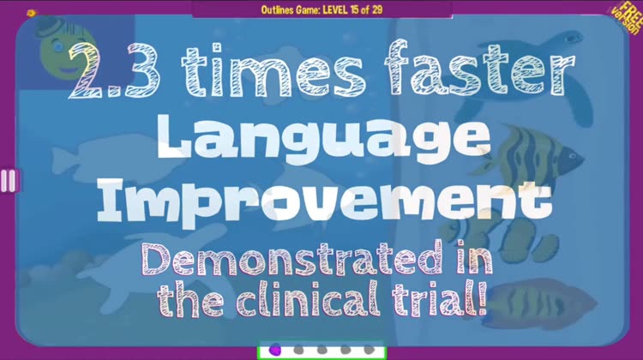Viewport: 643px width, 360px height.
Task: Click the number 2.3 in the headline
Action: [113, 70]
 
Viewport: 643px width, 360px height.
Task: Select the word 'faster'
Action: [480, 68]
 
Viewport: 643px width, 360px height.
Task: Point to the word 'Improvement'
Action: [325, 202]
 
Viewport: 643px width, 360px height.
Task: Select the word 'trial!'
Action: [439, 298]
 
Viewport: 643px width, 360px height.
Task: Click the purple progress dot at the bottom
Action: [275, 351]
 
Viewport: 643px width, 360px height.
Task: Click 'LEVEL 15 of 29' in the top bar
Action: [352, 9]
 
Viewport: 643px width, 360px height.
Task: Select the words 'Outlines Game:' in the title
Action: [291, 9]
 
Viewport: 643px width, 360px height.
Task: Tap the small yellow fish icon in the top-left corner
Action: [32, 13]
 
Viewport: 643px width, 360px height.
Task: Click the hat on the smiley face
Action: [48, 27]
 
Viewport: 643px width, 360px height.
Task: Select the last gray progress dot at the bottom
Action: [369, 351]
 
